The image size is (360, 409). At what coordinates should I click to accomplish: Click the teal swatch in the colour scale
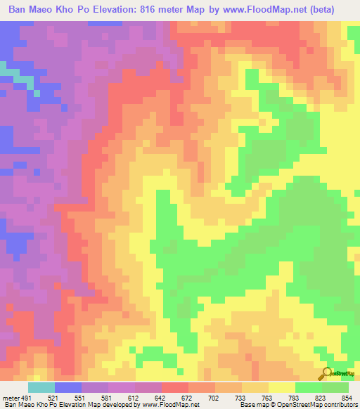pos(41,387)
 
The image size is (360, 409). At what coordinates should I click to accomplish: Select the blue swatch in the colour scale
pos(68,387)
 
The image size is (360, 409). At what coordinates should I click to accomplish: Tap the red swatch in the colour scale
pos(175,387)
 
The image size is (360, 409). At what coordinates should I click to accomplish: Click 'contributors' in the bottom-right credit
pos(340,405)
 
